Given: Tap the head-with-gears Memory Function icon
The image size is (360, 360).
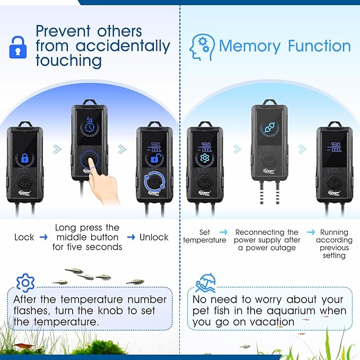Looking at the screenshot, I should click(x=201, y=46).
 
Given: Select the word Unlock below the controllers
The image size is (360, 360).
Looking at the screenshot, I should click(x=154, y=237).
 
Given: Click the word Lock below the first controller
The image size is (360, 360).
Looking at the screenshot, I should click(x=24, y=237).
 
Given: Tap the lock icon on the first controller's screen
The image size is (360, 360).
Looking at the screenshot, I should click(x=24, y=158).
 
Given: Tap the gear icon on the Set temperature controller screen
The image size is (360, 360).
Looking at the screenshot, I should click(x=205, y=159).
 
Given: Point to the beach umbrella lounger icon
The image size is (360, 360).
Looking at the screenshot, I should click(x=205, y=283).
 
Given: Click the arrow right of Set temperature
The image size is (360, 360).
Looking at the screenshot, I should click(x=223, y=232).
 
